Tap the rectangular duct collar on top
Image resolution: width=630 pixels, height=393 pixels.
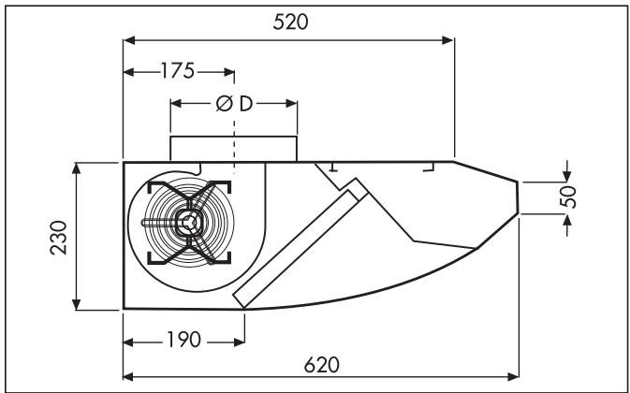coord(233,148)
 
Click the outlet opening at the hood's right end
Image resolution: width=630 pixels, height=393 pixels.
coord(520,196)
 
